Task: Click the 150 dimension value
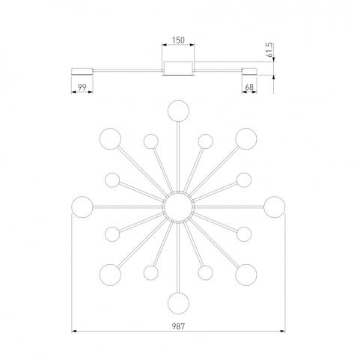[x=178, y=40]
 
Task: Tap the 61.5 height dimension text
[x=269, y=50]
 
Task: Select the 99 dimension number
[x=82, y=87]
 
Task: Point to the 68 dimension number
[x=249, y=87]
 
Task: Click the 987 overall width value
[x=178, y=326]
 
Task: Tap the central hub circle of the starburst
[x=178, y=207]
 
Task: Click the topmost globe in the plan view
[x=178, y=111]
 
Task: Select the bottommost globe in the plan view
[x=178, y=303]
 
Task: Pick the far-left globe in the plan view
[x=82, y=207]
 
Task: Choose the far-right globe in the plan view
[x=275, y=207]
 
